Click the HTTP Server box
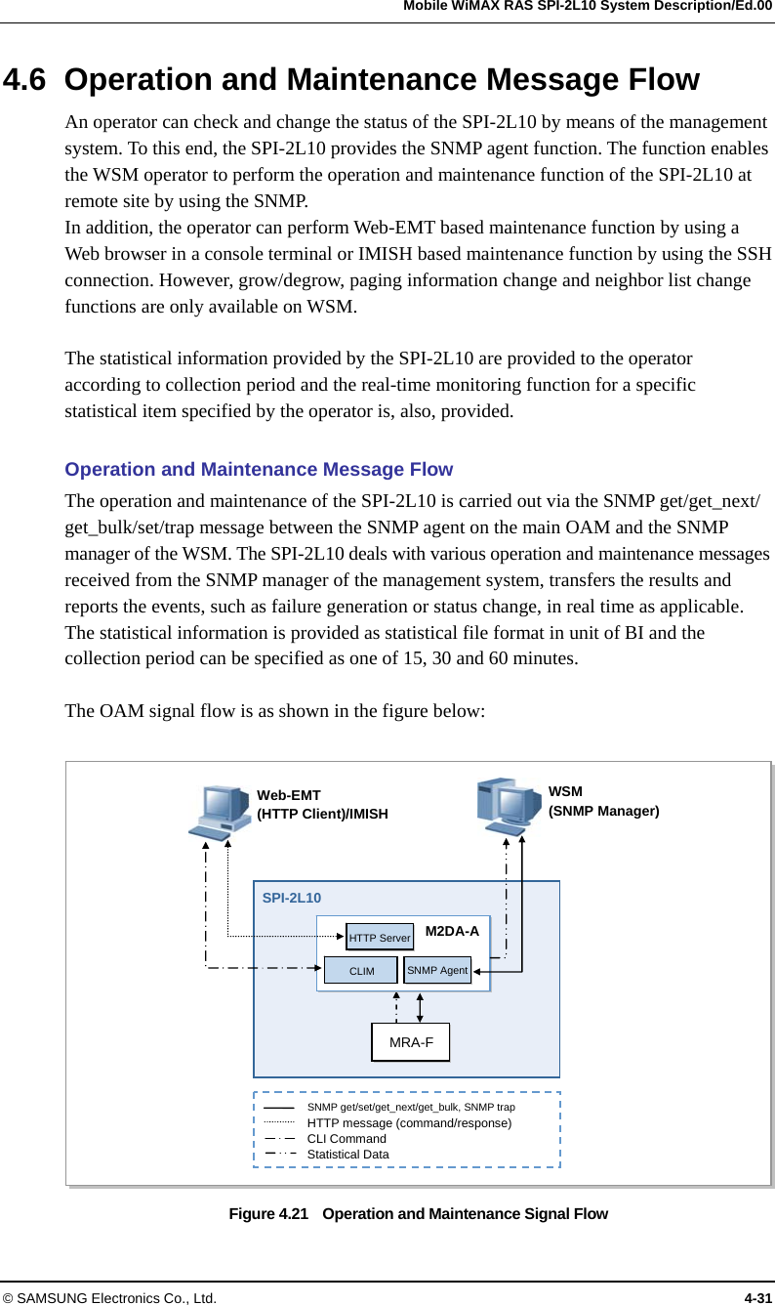tap(380, 938)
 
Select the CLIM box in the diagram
tap(361, 971)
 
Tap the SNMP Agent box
tap(437, 970)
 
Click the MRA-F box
tap(411, 1042)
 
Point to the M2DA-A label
tap(452, 931)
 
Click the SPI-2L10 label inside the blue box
tap(292, 897)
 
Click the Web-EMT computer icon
tap(219, 812)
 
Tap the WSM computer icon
tap(509, 805)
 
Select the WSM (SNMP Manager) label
tap(603, 801)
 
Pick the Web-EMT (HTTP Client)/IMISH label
tap(322, 804)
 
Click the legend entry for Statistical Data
tap(347, 1155)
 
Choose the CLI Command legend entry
tap(347, 1139)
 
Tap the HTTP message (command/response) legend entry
tap(409, 1123)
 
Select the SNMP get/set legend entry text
tap(411, 1107)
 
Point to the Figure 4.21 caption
tap(418, 1214)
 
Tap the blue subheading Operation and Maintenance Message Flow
tap(259, 470)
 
